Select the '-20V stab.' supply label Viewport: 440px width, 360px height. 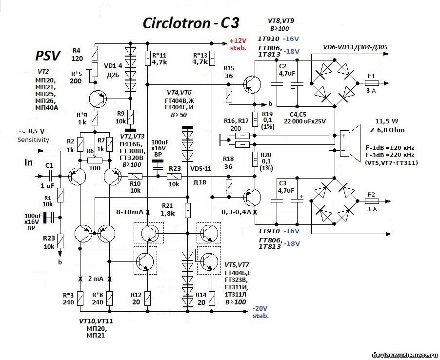pyautogui.click(x=261, y=312)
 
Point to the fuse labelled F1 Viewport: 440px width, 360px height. pyautogui.click(x=371, y=83)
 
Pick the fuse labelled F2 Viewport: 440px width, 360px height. pyautogui.click(x=371, y=200)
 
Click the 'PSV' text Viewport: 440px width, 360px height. pyautogui.click(x=47, y=56)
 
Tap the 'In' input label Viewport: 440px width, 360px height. pyautogui.click(x=29, y=162)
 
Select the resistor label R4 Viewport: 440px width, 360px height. pyautogui.click(x=77, y=50)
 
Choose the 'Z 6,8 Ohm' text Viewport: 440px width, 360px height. pyautogui.click(x=383, y=130)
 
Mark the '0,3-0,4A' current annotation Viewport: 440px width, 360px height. pyautogui.click(x=236, y=213)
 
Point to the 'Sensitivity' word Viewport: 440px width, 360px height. pyautogui.click(x=34, y=140)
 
